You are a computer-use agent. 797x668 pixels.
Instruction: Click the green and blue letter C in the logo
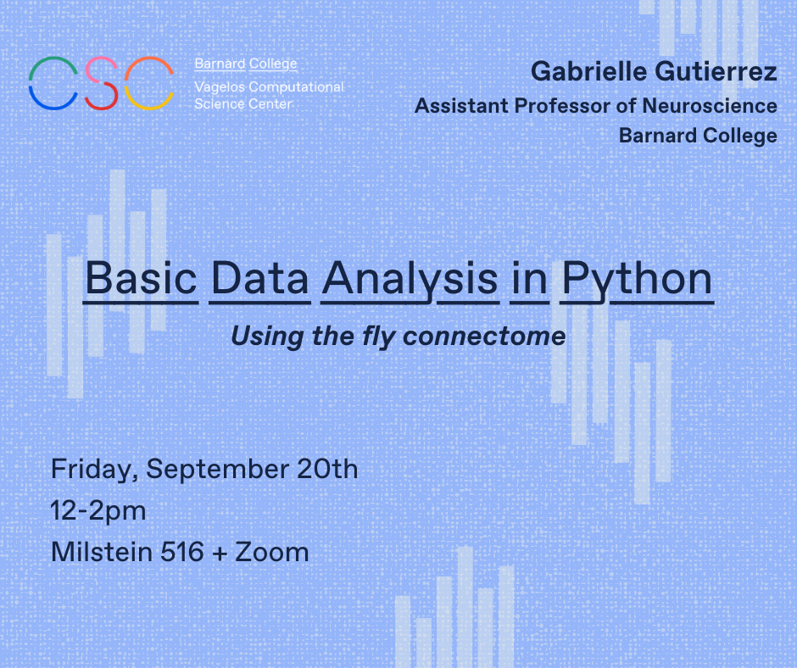click(x=53, y=83)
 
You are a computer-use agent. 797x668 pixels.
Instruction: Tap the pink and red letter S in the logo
click(x=101, y=83)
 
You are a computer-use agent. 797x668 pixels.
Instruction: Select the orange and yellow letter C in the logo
click(x=149, y=83)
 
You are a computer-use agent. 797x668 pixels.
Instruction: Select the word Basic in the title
click(x=141, y=279)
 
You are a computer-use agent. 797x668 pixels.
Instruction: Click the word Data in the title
click(x=259, y=279)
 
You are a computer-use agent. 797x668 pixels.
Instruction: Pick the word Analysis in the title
click(x=410, y=279)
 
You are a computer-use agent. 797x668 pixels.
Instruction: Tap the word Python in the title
click(x=637, y=279)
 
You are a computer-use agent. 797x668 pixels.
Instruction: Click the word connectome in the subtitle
click(x=484, y=337)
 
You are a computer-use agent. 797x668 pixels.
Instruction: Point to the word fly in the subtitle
click(x=379, y=337)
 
